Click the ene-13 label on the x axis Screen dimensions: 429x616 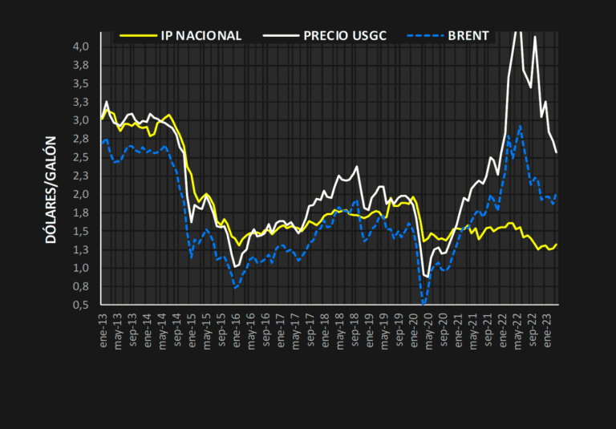click(103, 325)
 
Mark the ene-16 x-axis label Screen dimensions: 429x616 click(237, 325)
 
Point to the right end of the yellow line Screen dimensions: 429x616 click(557, 244)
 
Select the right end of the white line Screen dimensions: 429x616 click(557, 152)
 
